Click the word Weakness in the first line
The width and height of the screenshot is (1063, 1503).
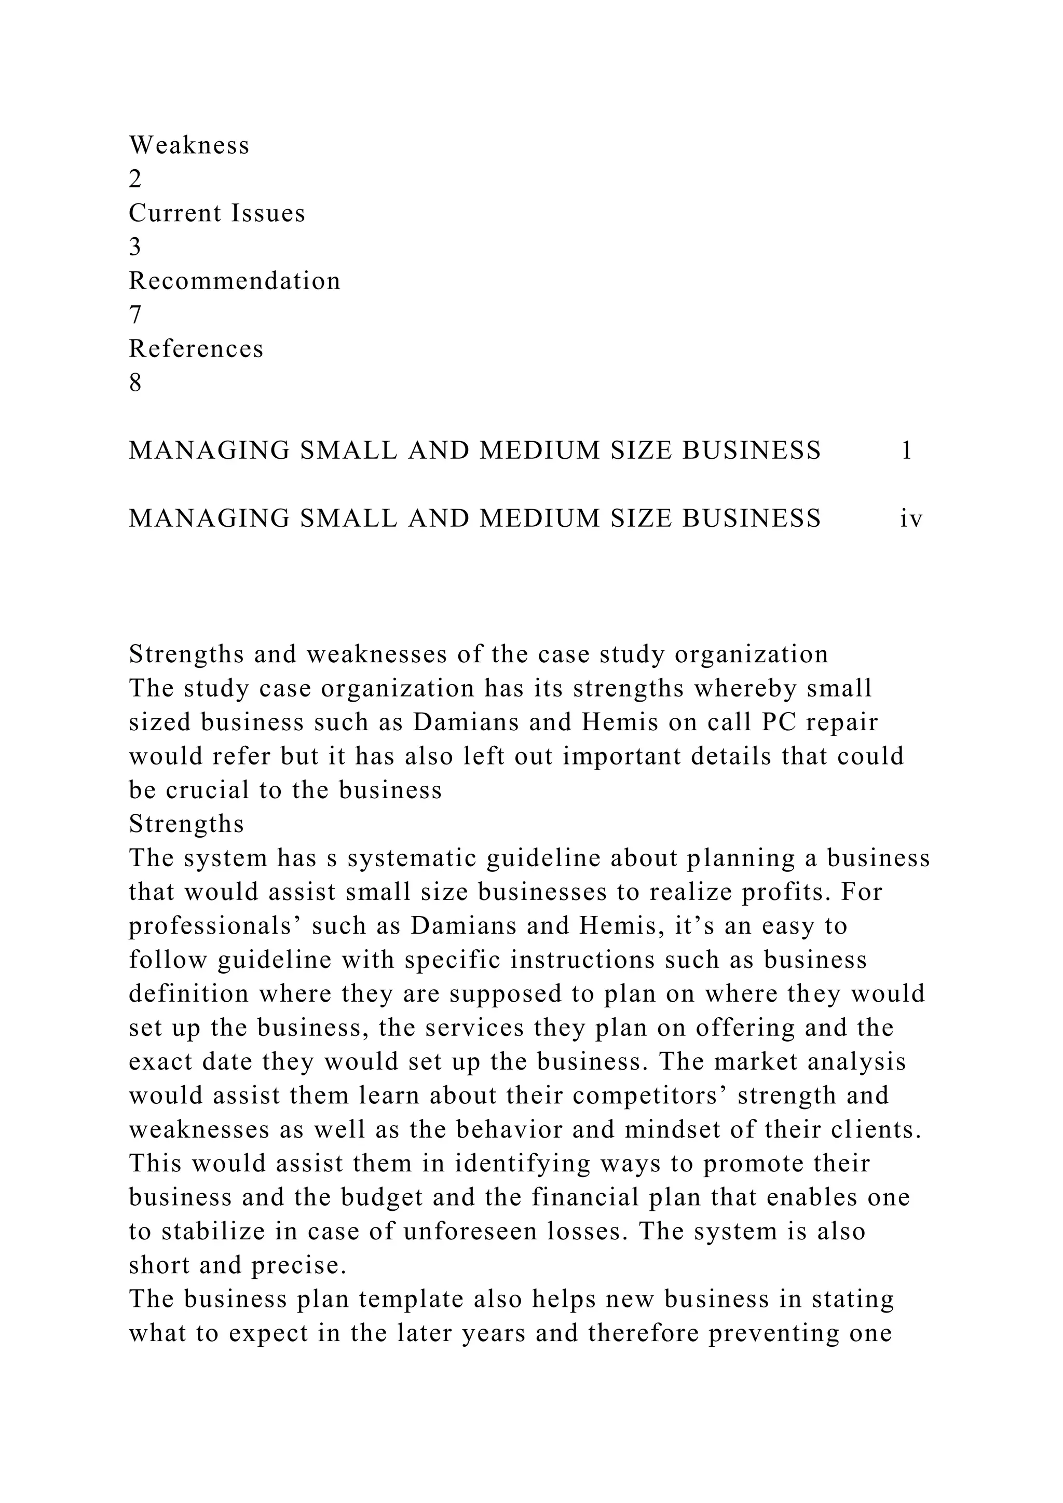point(189,145)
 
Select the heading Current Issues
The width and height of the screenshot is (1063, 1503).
point(216,213)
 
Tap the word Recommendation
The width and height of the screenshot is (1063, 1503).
point(234,281)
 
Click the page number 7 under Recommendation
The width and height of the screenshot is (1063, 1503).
point(135,315)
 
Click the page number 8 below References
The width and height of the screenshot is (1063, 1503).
point(135,383)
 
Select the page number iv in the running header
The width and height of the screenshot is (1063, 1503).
point(910,518)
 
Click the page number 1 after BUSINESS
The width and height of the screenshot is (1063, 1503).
point(907,450)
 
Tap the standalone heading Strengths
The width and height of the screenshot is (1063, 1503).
point(186,824)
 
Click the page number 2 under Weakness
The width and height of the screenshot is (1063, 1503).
point(135,180)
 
